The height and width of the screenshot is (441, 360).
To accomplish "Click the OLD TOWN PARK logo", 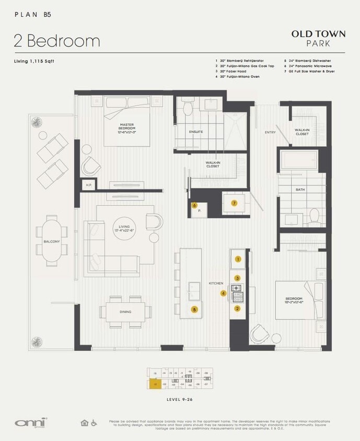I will (x=318, y=38).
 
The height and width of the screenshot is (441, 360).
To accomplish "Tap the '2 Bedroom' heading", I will (x=56, y=40).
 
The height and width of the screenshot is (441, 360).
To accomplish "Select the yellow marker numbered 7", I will (x=234, y=203).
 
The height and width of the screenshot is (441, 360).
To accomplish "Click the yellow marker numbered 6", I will (x=194, y=206).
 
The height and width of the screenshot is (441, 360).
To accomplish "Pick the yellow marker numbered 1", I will (x=238, y=259).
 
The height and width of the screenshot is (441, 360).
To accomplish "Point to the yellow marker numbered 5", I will (x=194, y=309).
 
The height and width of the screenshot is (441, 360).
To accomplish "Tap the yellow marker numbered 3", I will (x=238, y=278).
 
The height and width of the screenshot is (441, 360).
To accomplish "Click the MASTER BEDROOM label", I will (x=126, y=127).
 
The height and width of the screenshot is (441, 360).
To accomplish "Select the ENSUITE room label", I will (x=196, y=132).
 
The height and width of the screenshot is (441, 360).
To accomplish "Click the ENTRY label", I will (x=270, y=132).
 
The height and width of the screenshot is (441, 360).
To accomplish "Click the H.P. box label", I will (x=88, y=185).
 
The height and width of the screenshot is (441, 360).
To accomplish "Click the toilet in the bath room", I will (x=313, y=215).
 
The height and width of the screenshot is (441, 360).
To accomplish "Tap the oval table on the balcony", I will (x=52, y=240).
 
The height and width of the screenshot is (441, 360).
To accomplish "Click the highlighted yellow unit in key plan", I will (x=155, y=384).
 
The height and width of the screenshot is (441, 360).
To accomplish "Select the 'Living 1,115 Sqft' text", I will (x=35, y=62).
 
